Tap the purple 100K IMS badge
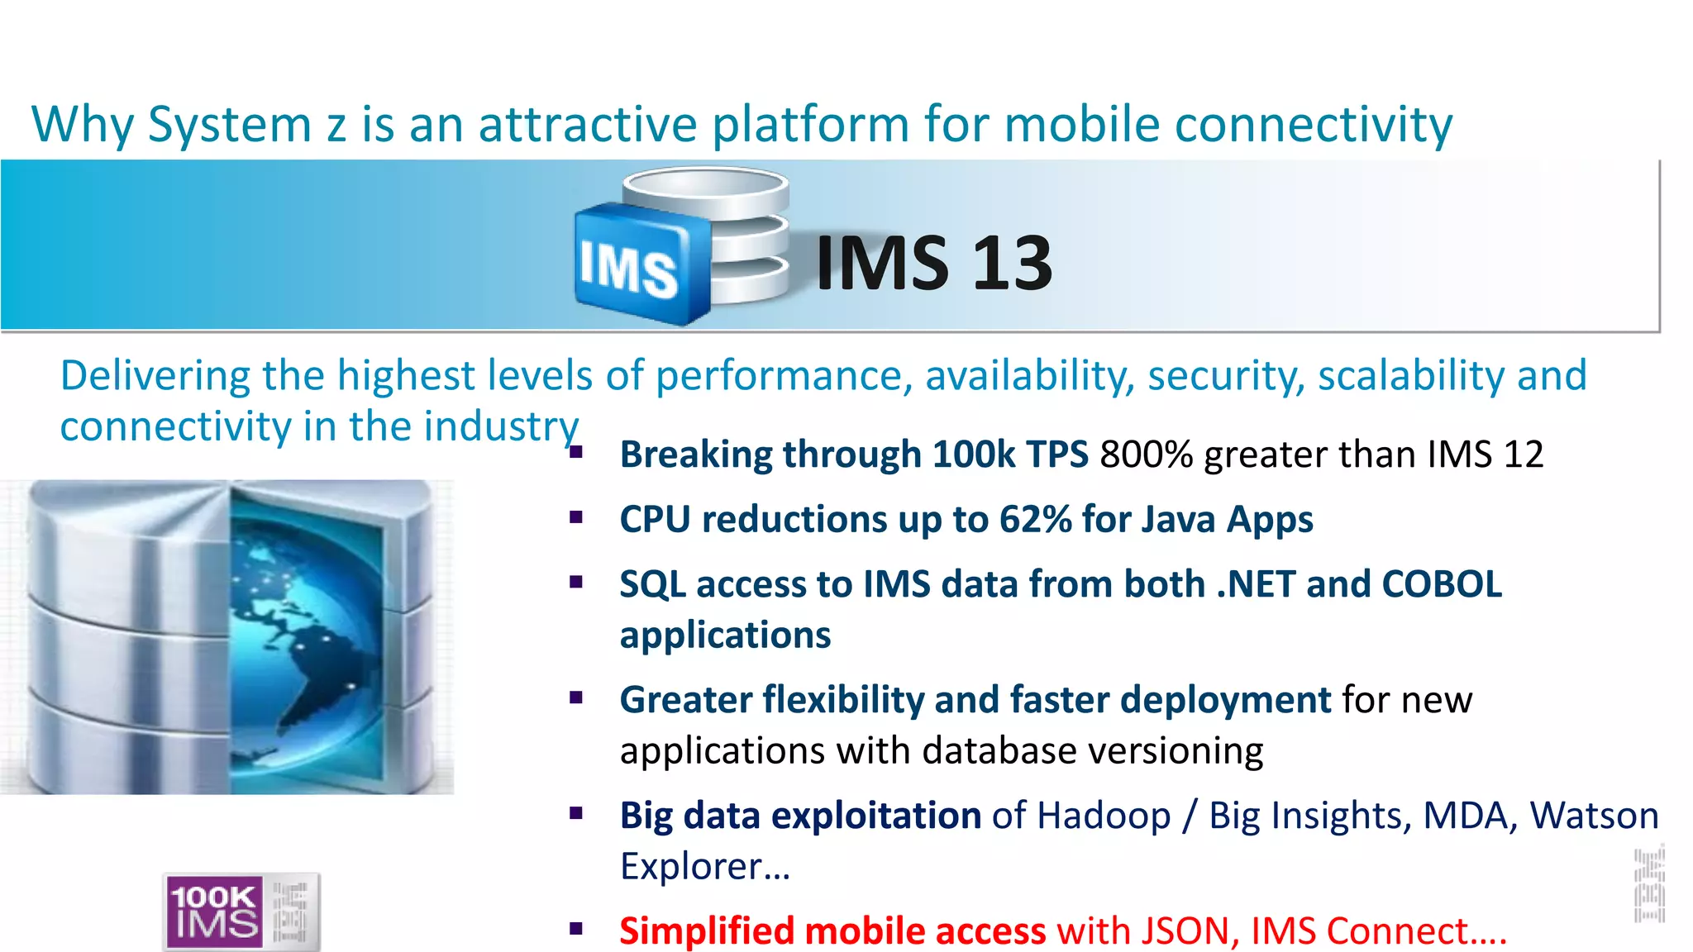pos(215,911)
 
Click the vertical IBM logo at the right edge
pos(1648,885)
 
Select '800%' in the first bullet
pos(1146,455)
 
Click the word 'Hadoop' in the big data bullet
pos(1104,816)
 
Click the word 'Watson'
pos(1594,816)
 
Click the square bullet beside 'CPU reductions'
pos(576,518)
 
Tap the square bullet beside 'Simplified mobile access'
pos(576,930)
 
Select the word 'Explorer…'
pos(705,867)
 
